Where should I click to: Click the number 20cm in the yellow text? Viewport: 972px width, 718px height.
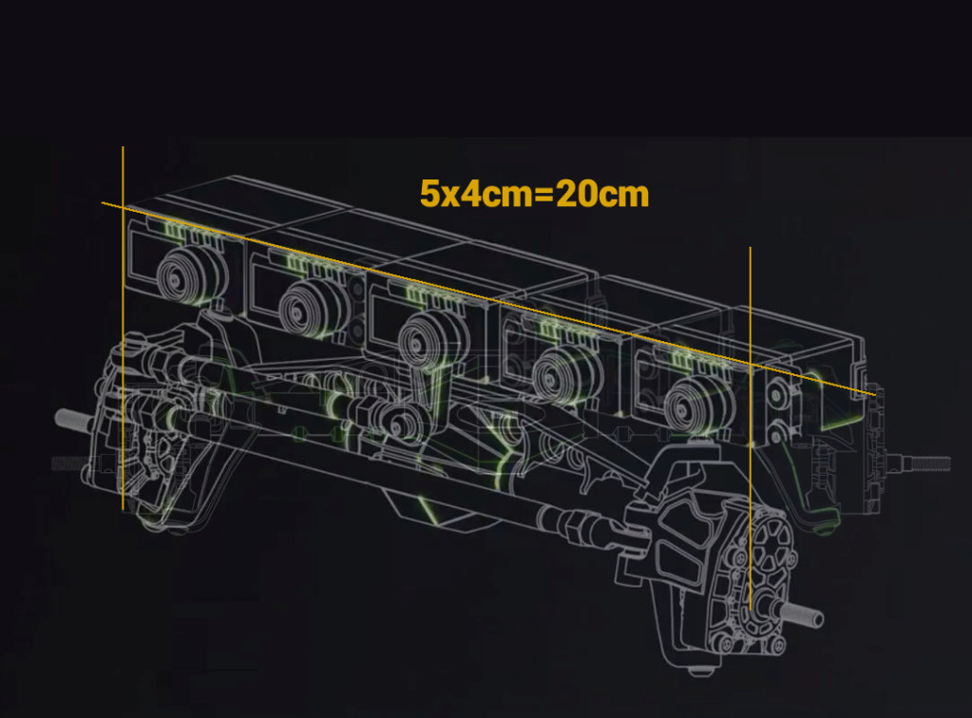click(x=602, y=194)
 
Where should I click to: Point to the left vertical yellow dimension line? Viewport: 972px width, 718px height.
click(x=123, y=329)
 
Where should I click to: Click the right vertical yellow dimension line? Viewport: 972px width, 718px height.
click(x=750, y=428)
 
